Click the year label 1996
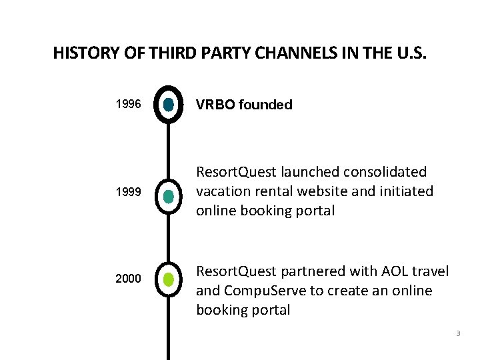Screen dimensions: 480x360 pyautogui.click(x=128, y=105)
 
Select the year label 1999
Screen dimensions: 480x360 pyautogui.click(x=128, y=192)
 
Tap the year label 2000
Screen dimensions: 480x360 pyautogui.click(x=128, y=279)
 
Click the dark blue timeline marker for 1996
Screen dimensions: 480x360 pyautogui.click(x=168, y=105)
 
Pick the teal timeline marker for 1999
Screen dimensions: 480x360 pyautogui.click(x=168, y=195)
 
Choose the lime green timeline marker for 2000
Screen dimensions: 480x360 pyautogui.click(x=168, y=279)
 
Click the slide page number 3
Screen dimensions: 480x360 pyautogui.click(x=458, y=333)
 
